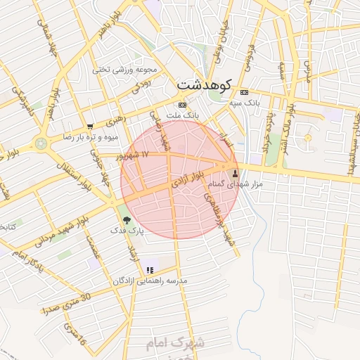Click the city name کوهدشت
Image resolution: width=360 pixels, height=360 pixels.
204,85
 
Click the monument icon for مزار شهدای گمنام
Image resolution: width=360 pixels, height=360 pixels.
235,172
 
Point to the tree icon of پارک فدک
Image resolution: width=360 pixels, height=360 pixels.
127,220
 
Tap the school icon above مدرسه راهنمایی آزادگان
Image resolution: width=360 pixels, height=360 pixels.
149,269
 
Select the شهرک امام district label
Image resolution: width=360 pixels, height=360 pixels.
175,344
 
